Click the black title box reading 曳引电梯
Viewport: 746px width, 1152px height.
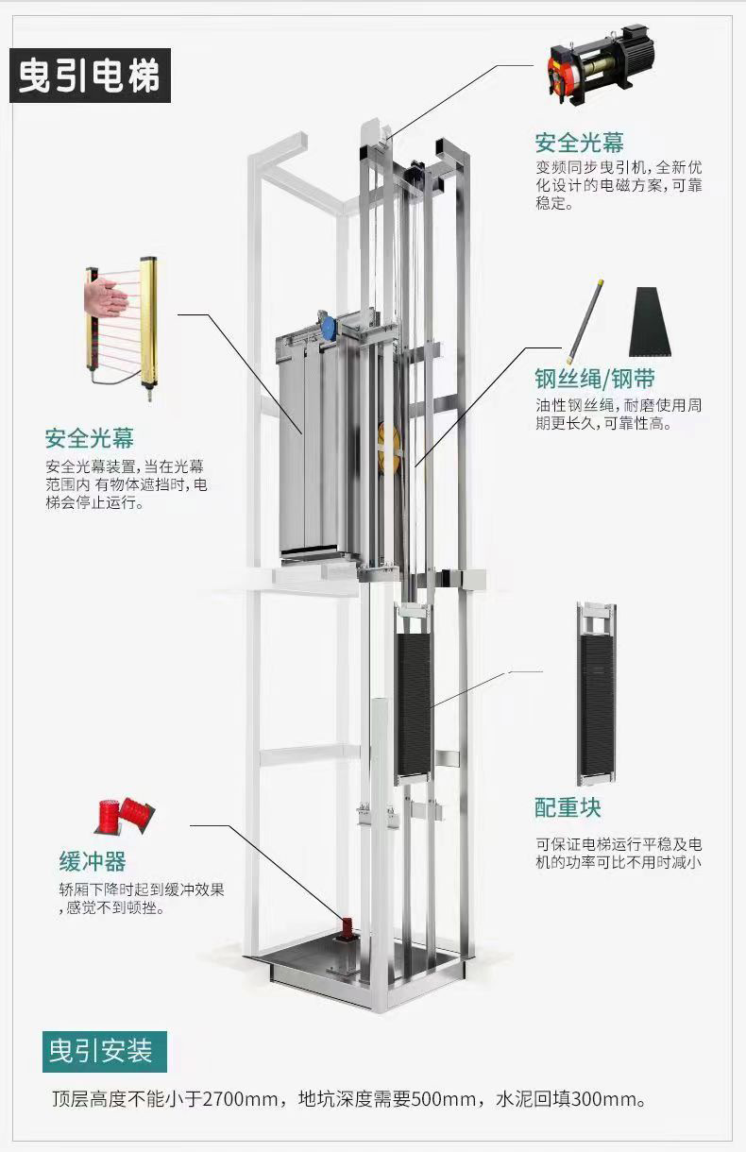(x=90, y=76)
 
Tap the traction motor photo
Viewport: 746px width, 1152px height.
(x=601, y=65)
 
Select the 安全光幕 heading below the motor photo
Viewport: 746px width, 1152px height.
(x=579, y=143)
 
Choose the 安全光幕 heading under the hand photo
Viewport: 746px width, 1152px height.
(x=90, y=438)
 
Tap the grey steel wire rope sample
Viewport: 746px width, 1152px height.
(x=584, y=322)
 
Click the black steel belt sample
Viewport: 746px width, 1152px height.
(x=651, y=322)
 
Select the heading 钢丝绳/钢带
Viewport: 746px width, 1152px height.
(x=595, y=379)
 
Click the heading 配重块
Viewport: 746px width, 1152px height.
(x=568, y=807)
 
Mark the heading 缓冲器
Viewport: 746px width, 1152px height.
(x=93, y=861)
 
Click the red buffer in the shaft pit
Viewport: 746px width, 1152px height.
(x=347, y=930)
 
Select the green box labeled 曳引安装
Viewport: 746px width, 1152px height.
(x=105, y=1051)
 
